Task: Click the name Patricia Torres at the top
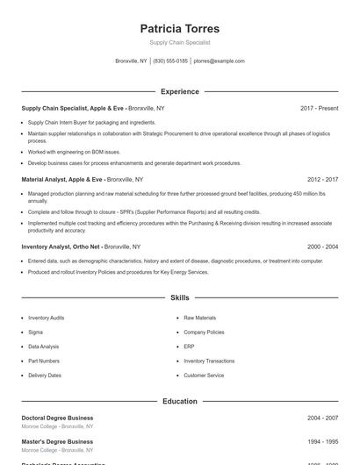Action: pyautogui.click(x=179, y=28)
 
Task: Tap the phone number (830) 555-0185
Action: pyautogui.click(x=170, y=61)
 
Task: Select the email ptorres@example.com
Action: pyautogui.click(x=219, y=61)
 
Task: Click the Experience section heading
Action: pyautogui.click(x=179, y=91)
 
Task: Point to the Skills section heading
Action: pyautogui.click(x=179, y=298)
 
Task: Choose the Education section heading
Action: pyautogui.click(x=179, y=401)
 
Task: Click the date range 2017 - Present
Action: pyautogui.click(x=319, y=108)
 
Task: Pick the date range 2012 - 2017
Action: pyautogui.click(x=322, y=179)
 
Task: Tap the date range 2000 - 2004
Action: pyautogui.click(x=322, y=247)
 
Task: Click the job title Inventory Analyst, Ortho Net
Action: pyautogui.click(x=61, y=247)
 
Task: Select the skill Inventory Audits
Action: pyautogui.click(x=46, y=318)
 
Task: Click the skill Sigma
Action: pyautogui.click(x=35, y=333)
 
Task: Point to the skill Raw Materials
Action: pyautogui.click(x=199, y=318)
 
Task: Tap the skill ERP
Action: pyautogui.click(x=189, y=347)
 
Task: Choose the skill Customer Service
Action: pyautogui.click(x=204, y=376)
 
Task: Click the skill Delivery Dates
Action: pyautogui.click(x=45, y=376)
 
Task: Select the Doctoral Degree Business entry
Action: pyautogui.click(x=57, y=418)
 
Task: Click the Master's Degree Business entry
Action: pyautogui.click(x=57, y=441)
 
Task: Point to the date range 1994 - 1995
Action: pyautogui.click(x=322, y=441)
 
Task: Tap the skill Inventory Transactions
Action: pyautogui.click(x=209, y=361)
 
